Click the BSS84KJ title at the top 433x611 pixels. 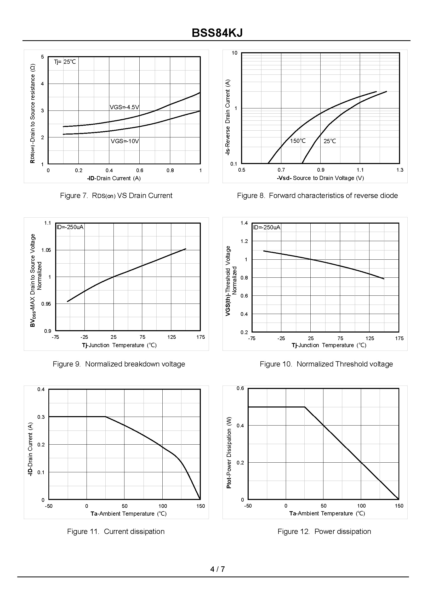(217, 33)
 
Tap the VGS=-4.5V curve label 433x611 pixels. (124, 107)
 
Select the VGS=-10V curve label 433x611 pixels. (125, 141)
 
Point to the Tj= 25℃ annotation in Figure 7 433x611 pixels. (65, 62)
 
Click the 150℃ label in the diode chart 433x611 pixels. (298, 141)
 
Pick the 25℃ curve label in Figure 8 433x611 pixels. (329, 141)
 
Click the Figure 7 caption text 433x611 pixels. (116, 195)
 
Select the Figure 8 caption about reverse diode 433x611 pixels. (317, 195)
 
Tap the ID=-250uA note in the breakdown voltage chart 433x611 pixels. (70, 227)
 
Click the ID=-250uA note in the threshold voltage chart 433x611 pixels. (267, 227)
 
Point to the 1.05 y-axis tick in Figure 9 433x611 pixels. (46, 250)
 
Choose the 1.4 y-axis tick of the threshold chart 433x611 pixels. (244, 223)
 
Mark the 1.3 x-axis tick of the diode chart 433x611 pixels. (400, 170)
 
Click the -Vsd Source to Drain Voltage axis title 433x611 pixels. (320, 178)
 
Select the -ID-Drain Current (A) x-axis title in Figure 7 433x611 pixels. (114, 178)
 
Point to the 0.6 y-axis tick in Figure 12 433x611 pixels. (240, 388)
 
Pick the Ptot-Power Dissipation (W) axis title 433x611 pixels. (229, 452)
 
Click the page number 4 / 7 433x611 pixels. (217, 569)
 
